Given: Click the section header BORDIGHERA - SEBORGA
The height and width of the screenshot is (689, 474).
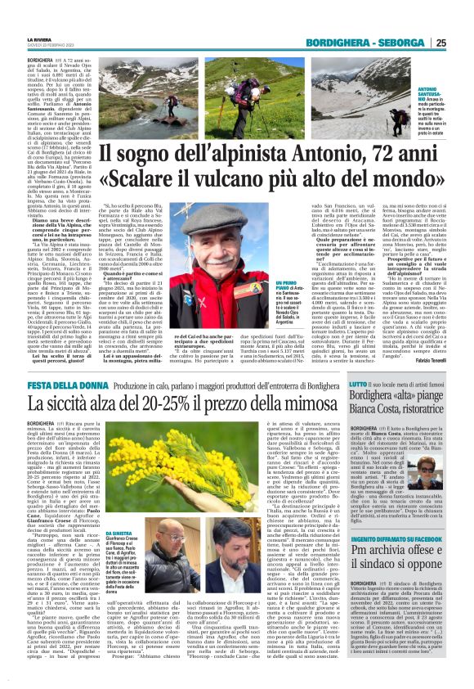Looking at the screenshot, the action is tap(370, 43).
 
